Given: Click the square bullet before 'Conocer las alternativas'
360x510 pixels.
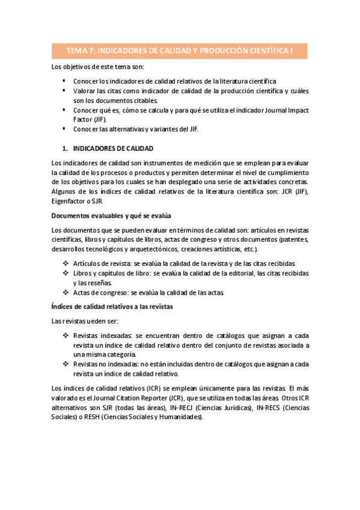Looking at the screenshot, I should (64, 129).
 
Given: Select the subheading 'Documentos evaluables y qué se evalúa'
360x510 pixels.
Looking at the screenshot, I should (108, 215).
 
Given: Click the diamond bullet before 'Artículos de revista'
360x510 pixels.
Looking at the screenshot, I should (65, 263).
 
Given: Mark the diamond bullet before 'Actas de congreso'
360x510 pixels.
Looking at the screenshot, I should (65, 292).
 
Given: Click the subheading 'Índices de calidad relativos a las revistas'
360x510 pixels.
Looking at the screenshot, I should (112, 307).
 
